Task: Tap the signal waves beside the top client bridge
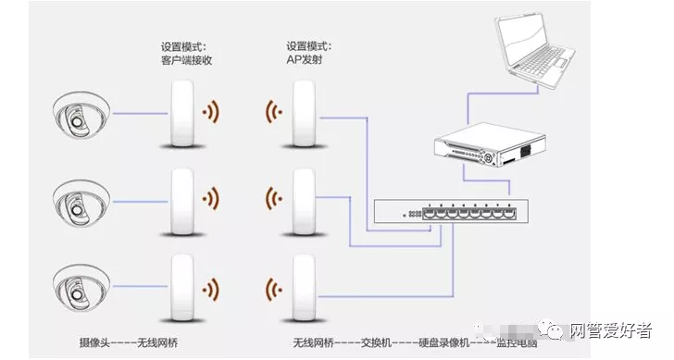coord(213,114)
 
